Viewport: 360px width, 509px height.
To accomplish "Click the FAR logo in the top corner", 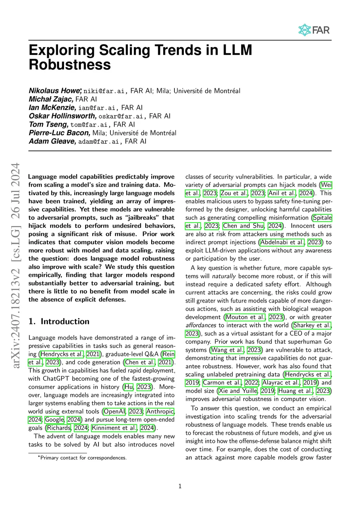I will click(314, 30).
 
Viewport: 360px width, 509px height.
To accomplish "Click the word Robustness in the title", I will click(70, 65).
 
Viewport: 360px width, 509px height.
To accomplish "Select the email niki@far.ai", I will click(104, 91).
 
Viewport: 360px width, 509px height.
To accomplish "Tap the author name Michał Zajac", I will click(51, 99).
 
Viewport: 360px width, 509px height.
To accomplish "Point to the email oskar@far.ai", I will click(121, 116).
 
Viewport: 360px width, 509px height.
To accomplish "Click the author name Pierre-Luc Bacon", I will click(59, 133).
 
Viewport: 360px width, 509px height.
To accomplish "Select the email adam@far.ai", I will click(98, 142).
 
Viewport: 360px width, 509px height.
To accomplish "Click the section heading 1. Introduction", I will click(59, 321).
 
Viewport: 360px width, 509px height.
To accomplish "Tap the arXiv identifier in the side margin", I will click(16, 265).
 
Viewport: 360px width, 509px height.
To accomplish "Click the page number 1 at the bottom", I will click(180, 486).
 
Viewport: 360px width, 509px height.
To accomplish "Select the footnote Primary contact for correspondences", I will click(83, 458).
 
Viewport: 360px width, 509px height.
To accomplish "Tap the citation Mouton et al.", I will click(245, 317).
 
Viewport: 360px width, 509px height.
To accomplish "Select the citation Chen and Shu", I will click(243, 226).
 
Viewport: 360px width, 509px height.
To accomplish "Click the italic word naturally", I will click(224, 276).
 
